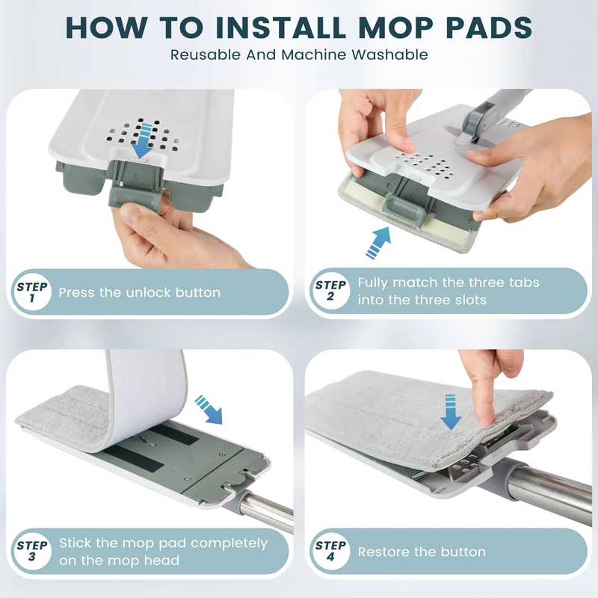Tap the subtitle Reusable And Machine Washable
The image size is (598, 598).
(x=299, y=55)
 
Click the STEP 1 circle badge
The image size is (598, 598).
(x=31, y=292)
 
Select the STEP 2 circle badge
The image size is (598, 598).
(x=330, y=291)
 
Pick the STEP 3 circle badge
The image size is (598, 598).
(x=31, y=551)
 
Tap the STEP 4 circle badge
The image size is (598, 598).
(x=330, y=551)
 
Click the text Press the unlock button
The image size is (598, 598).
(x=140, y=292)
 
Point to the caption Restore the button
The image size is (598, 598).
(x=422, y=552)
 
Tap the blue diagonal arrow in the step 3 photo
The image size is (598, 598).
(x=209, y=409)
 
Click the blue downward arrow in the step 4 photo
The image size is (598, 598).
(x=451, y=412)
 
